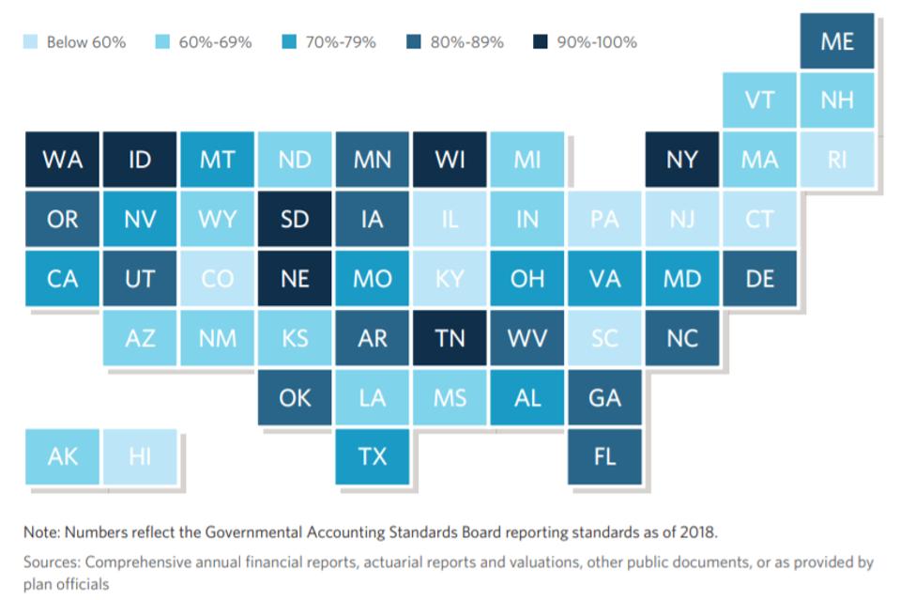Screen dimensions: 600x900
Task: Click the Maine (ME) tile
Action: (837, 41)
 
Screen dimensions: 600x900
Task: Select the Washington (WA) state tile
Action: (62, 160)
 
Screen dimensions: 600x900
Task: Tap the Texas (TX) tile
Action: (373, 456)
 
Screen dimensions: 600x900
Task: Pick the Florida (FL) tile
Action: (605, 456)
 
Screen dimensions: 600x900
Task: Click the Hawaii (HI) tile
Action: (140, 456)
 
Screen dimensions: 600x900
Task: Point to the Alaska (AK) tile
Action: (62, 456)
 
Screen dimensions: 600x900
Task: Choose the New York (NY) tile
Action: (682, 160)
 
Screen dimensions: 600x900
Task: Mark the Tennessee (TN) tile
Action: (450, 338)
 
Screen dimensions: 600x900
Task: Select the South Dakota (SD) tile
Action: (295, 220)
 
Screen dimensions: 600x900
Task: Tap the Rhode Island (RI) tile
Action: (837, 160)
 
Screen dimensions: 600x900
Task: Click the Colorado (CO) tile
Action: (217, 279)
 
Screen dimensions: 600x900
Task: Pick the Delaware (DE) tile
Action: (759, 279)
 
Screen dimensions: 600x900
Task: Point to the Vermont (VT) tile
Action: (759, 100)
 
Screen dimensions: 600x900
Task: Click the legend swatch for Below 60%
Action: (31, 42)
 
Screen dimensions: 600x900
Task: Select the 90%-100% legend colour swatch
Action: (541, 42)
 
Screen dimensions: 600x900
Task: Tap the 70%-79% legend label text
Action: (341, 42)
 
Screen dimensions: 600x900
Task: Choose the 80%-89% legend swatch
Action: (414, 42)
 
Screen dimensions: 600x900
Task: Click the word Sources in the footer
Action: (51, 562)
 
